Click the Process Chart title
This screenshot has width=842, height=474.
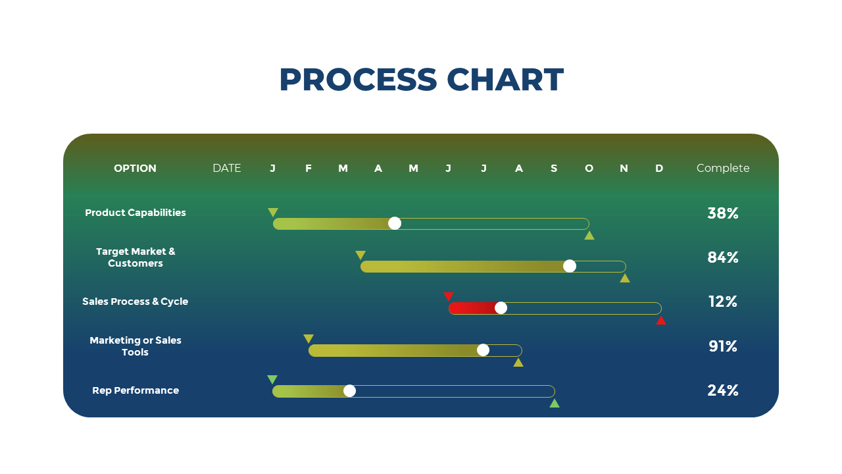click(422, 80)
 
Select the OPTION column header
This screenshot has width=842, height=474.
click(135, 168)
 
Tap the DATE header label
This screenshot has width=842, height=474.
click(227, 168)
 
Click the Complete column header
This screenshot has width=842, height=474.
click(723, 168)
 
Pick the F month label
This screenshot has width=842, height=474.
click(309, 168)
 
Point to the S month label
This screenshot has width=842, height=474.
click(554, 168)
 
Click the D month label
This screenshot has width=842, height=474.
click(659, 168)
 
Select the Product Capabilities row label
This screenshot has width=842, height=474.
click(136, 213)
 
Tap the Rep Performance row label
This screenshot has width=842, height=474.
click(136, 390)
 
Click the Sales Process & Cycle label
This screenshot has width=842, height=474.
click(135, 302)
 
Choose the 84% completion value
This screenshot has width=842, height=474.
click(722, 257)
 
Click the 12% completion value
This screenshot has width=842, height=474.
click(722, 302)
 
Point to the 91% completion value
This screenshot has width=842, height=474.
click(722, 346)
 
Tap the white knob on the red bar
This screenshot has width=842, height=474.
click(501, 308)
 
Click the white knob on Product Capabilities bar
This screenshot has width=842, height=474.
click(394, 223)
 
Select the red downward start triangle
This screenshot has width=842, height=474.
click(449, 296)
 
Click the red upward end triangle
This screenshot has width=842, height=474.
click(661, 321)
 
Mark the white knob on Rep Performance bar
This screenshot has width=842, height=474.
click(349, 391)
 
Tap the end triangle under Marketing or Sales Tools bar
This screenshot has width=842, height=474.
click(518, 363)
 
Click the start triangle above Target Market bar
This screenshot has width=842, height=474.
click(360, 255)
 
